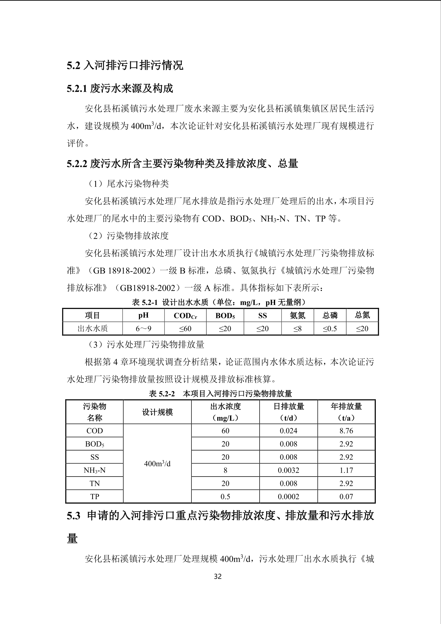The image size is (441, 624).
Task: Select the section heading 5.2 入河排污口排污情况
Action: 125,66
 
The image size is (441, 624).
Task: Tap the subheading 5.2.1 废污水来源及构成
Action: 120,88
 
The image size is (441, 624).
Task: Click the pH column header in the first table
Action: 143,315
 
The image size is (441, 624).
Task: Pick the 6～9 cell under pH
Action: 143,329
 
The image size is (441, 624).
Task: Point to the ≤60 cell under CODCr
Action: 185,329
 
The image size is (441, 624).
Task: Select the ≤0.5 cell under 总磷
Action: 330,329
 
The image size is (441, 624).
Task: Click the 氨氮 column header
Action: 298,315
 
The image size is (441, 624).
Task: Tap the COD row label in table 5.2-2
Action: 95,431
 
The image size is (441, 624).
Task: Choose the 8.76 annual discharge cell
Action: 346,431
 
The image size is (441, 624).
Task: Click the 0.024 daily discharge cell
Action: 288,431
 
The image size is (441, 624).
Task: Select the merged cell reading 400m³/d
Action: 157,464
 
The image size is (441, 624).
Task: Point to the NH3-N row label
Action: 95,470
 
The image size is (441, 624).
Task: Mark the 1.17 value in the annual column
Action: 346,470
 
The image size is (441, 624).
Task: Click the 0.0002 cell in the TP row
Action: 288,496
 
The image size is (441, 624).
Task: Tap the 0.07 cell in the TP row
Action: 346,496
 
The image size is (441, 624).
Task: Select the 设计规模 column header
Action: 157,412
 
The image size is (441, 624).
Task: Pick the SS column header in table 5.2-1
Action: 263,315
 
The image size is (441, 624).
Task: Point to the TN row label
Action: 95,483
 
